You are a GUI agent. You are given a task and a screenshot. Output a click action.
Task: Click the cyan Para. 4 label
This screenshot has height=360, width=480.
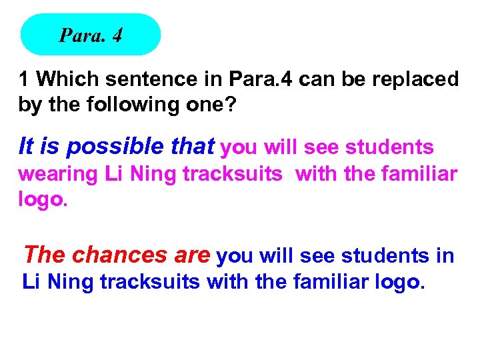click(x=91, y=35)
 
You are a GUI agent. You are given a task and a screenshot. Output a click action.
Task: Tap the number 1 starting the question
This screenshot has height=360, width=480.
click(x=23, y=79)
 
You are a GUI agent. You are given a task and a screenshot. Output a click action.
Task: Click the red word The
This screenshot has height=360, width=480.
click(x=44, y=255)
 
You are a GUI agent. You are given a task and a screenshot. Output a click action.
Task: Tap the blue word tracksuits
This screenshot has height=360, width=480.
click(x=150, y=282)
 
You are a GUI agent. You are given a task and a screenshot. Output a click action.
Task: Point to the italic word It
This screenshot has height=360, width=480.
click(x=26, y=146)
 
